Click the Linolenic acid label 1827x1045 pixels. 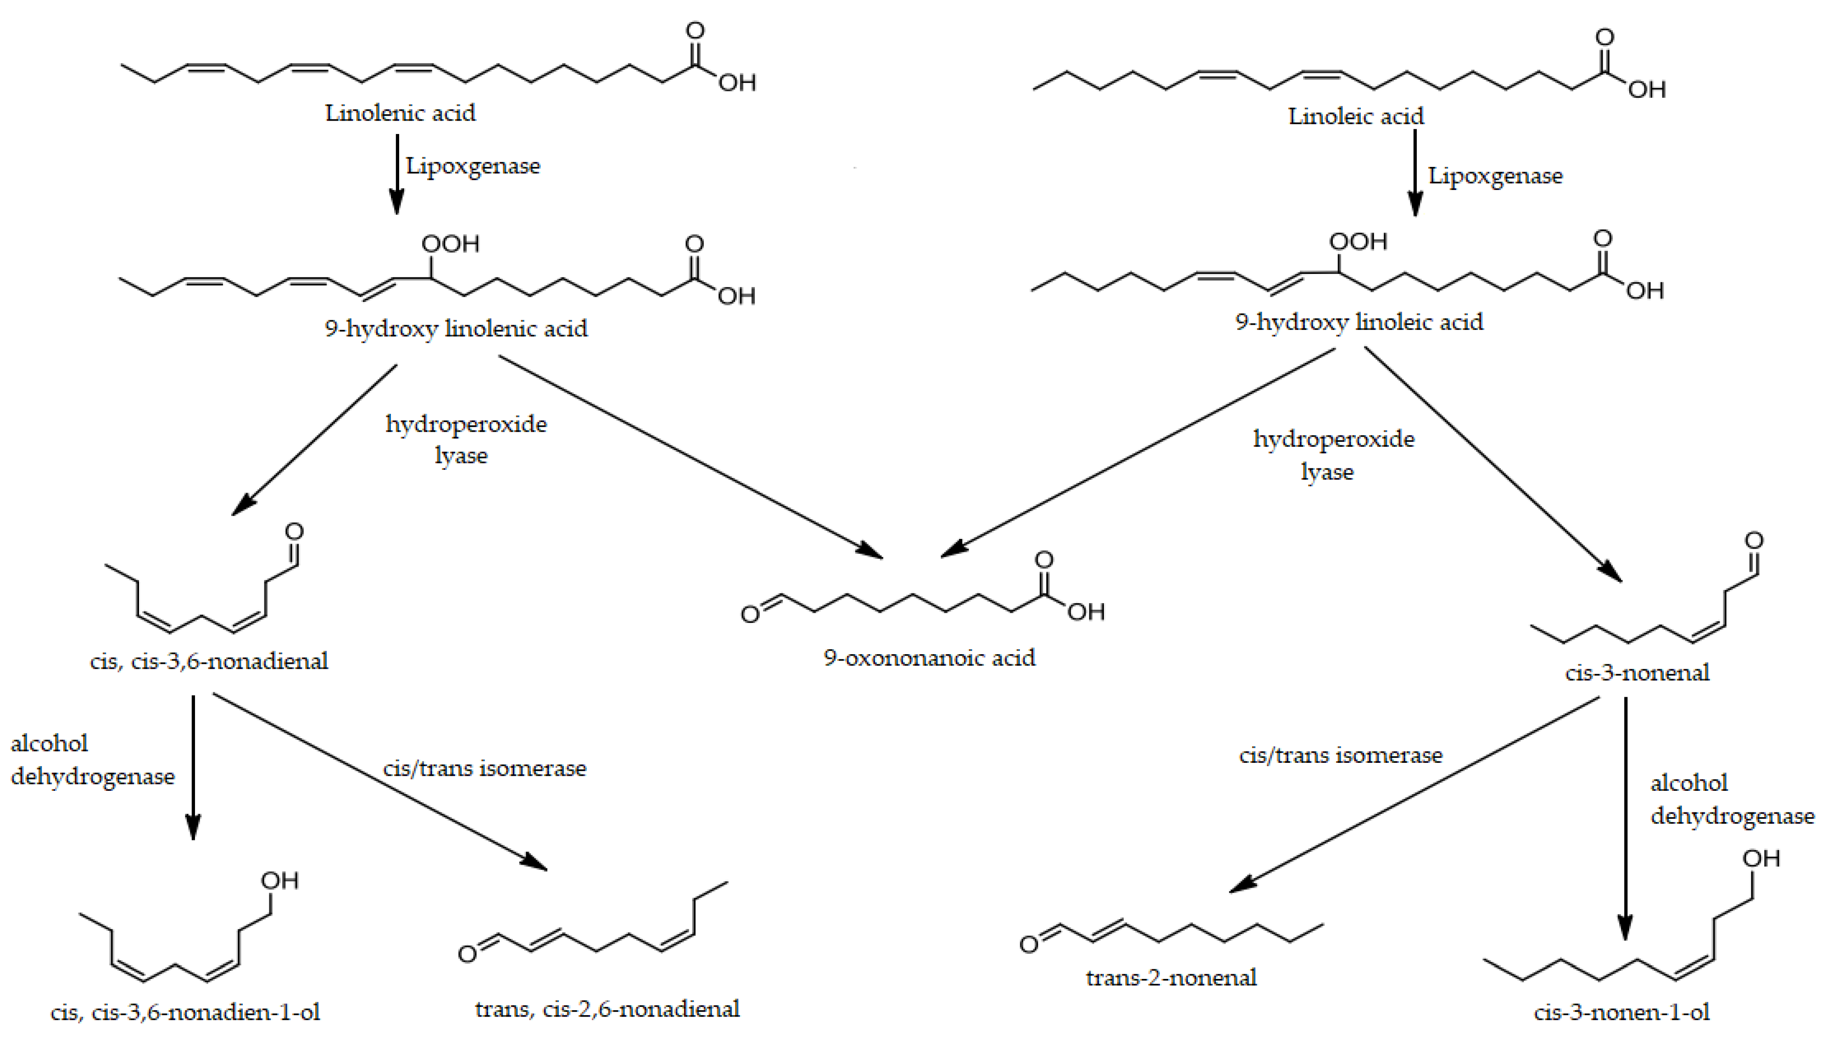tap(400, 113)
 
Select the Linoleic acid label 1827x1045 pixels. tap(1355, 116)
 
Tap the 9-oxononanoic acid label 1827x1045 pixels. tap(929, 657)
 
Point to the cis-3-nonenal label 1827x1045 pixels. tap(1637, 673)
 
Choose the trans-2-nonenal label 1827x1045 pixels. tap(1171, 978)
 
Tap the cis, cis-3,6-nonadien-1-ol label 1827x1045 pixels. tap(185, 1012)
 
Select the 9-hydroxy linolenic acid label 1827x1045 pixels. tap(456, 329)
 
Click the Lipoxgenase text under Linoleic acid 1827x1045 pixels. tap(1495, 176)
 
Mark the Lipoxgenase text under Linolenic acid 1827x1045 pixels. tap(473, 166)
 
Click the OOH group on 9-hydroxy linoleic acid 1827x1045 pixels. tap(1358, 241)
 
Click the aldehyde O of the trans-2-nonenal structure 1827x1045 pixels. tap(1029, 944)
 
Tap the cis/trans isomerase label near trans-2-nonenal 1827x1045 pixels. tap(1340, 755)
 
